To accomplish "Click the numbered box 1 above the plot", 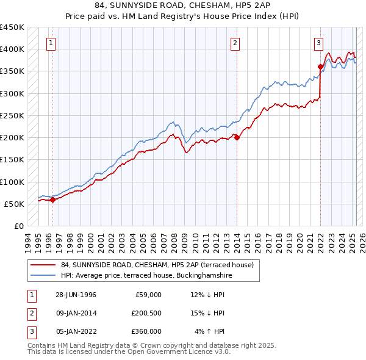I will click(50, 43).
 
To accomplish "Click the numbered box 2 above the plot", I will click(235, 43).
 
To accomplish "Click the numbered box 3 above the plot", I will click(318, 43).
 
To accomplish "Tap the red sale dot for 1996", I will click(52, 200).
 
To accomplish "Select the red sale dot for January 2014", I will click(237, 137).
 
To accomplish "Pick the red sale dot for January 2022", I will click(320, 67).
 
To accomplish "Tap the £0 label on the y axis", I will click(19, 226).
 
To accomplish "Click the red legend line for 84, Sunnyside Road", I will click(43, 264).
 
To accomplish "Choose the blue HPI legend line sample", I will click(43, 275).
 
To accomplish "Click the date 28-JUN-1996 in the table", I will click(76, 295).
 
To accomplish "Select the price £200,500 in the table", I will click(146, 313).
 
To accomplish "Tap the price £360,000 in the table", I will click(146, 331).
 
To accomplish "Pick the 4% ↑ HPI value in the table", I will click(210, 331).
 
